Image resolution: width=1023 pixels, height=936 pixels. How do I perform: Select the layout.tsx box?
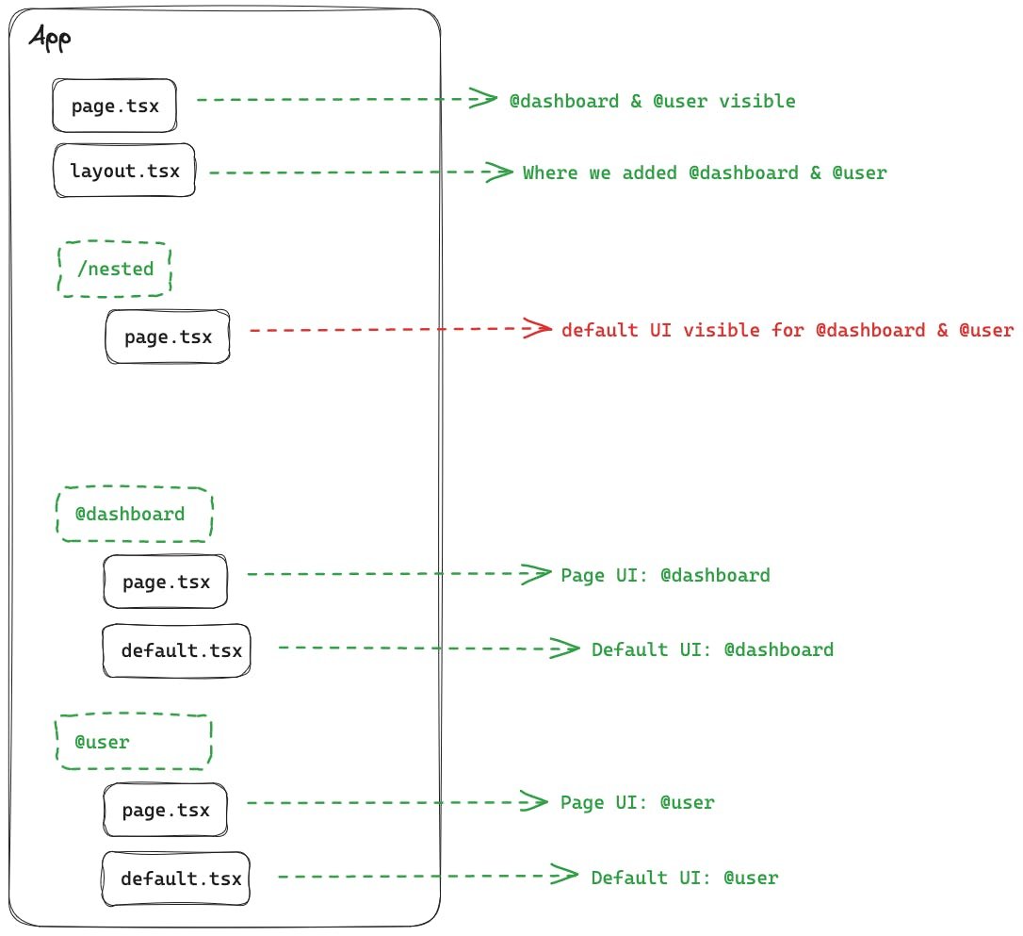(x=124, y=171)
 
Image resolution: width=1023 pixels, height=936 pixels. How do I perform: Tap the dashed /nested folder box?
(x=115, y=269)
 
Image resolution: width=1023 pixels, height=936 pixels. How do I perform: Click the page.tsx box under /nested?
(x=168, y=337)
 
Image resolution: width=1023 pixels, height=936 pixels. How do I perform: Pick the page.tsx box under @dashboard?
(x=166, y=581)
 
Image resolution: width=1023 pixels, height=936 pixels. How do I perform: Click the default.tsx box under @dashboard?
(x=176, y=650)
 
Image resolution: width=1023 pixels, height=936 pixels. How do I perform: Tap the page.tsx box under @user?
(x=166, y=810)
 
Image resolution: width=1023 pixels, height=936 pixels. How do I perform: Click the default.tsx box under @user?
(x=176, y=879)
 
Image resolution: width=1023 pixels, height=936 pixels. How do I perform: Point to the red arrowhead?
(x=541, y=329)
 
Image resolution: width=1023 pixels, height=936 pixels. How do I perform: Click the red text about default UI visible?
(x=787, y=331)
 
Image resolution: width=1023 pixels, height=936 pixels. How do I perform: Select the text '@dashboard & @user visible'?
(x=652, y=102)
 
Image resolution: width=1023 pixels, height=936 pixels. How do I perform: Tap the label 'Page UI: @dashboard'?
(x=665, y=575)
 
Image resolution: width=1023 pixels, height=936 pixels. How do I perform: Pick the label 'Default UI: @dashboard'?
(x=712, y=649)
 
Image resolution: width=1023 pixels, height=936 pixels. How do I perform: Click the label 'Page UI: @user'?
(x=637, y=803)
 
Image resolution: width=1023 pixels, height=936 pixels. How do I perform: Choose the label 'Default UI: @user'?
(x=685, y=879)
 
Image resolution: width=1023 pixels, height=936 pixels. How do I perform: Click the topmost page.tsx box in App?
(x=114, y=105)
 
